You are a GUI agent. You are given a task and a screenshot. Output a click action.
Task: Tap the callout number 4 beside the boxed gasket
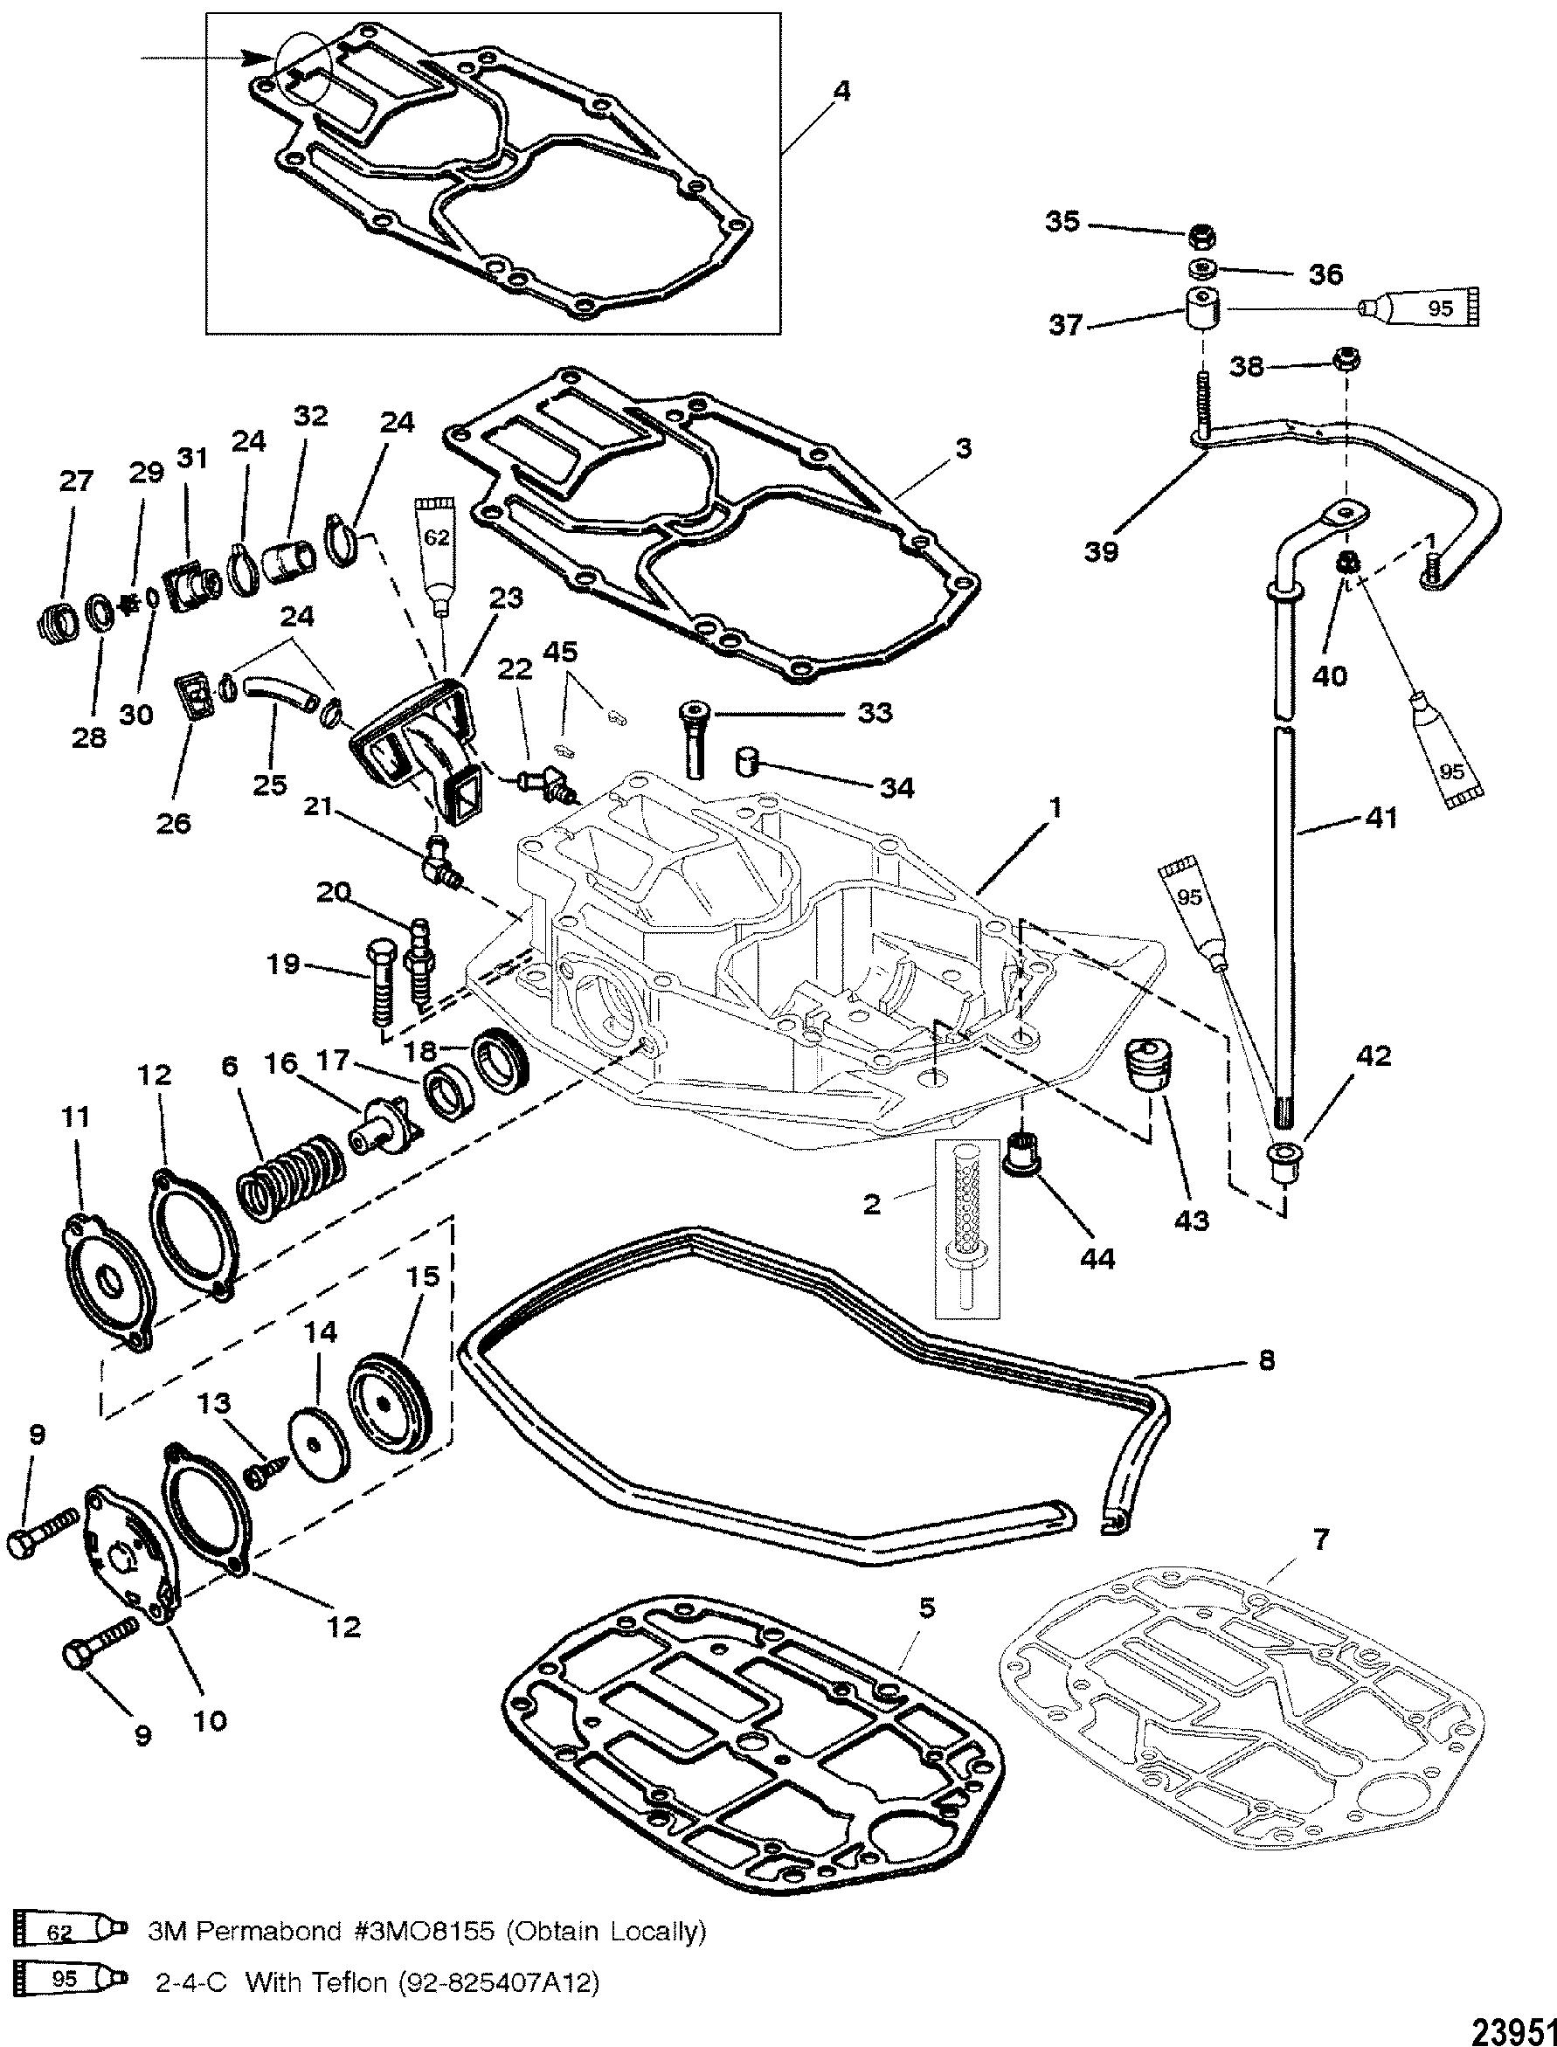(x=841, y=91)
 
